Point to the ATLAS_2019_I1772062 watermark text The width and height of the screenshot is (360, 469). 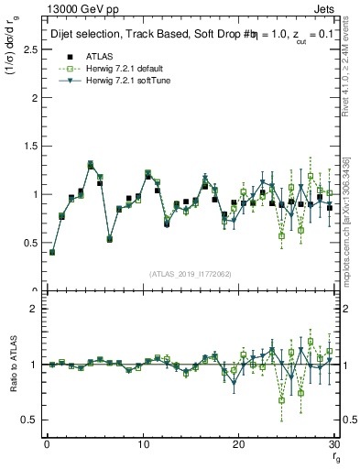191,273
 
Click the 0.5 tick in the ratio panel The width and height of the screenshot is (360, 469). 33,420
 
